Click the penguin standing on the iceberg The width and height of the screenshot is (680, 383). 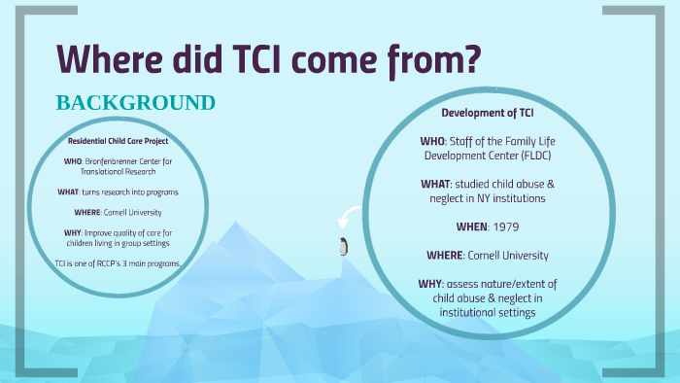tap(342, 246)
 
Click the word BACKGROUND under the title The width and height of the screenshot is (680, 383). tap(135, 103)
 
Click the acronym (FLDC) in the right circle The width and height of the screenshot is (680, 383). tap(548, 155)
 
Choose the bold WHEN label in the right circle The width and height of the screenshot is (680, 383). tap(474, 226)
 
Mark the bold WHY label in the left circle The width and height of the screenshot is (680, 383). tap(68, 232)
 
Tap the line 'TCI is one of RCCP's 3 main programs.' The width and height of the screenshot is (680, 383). tap(118, 263)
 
